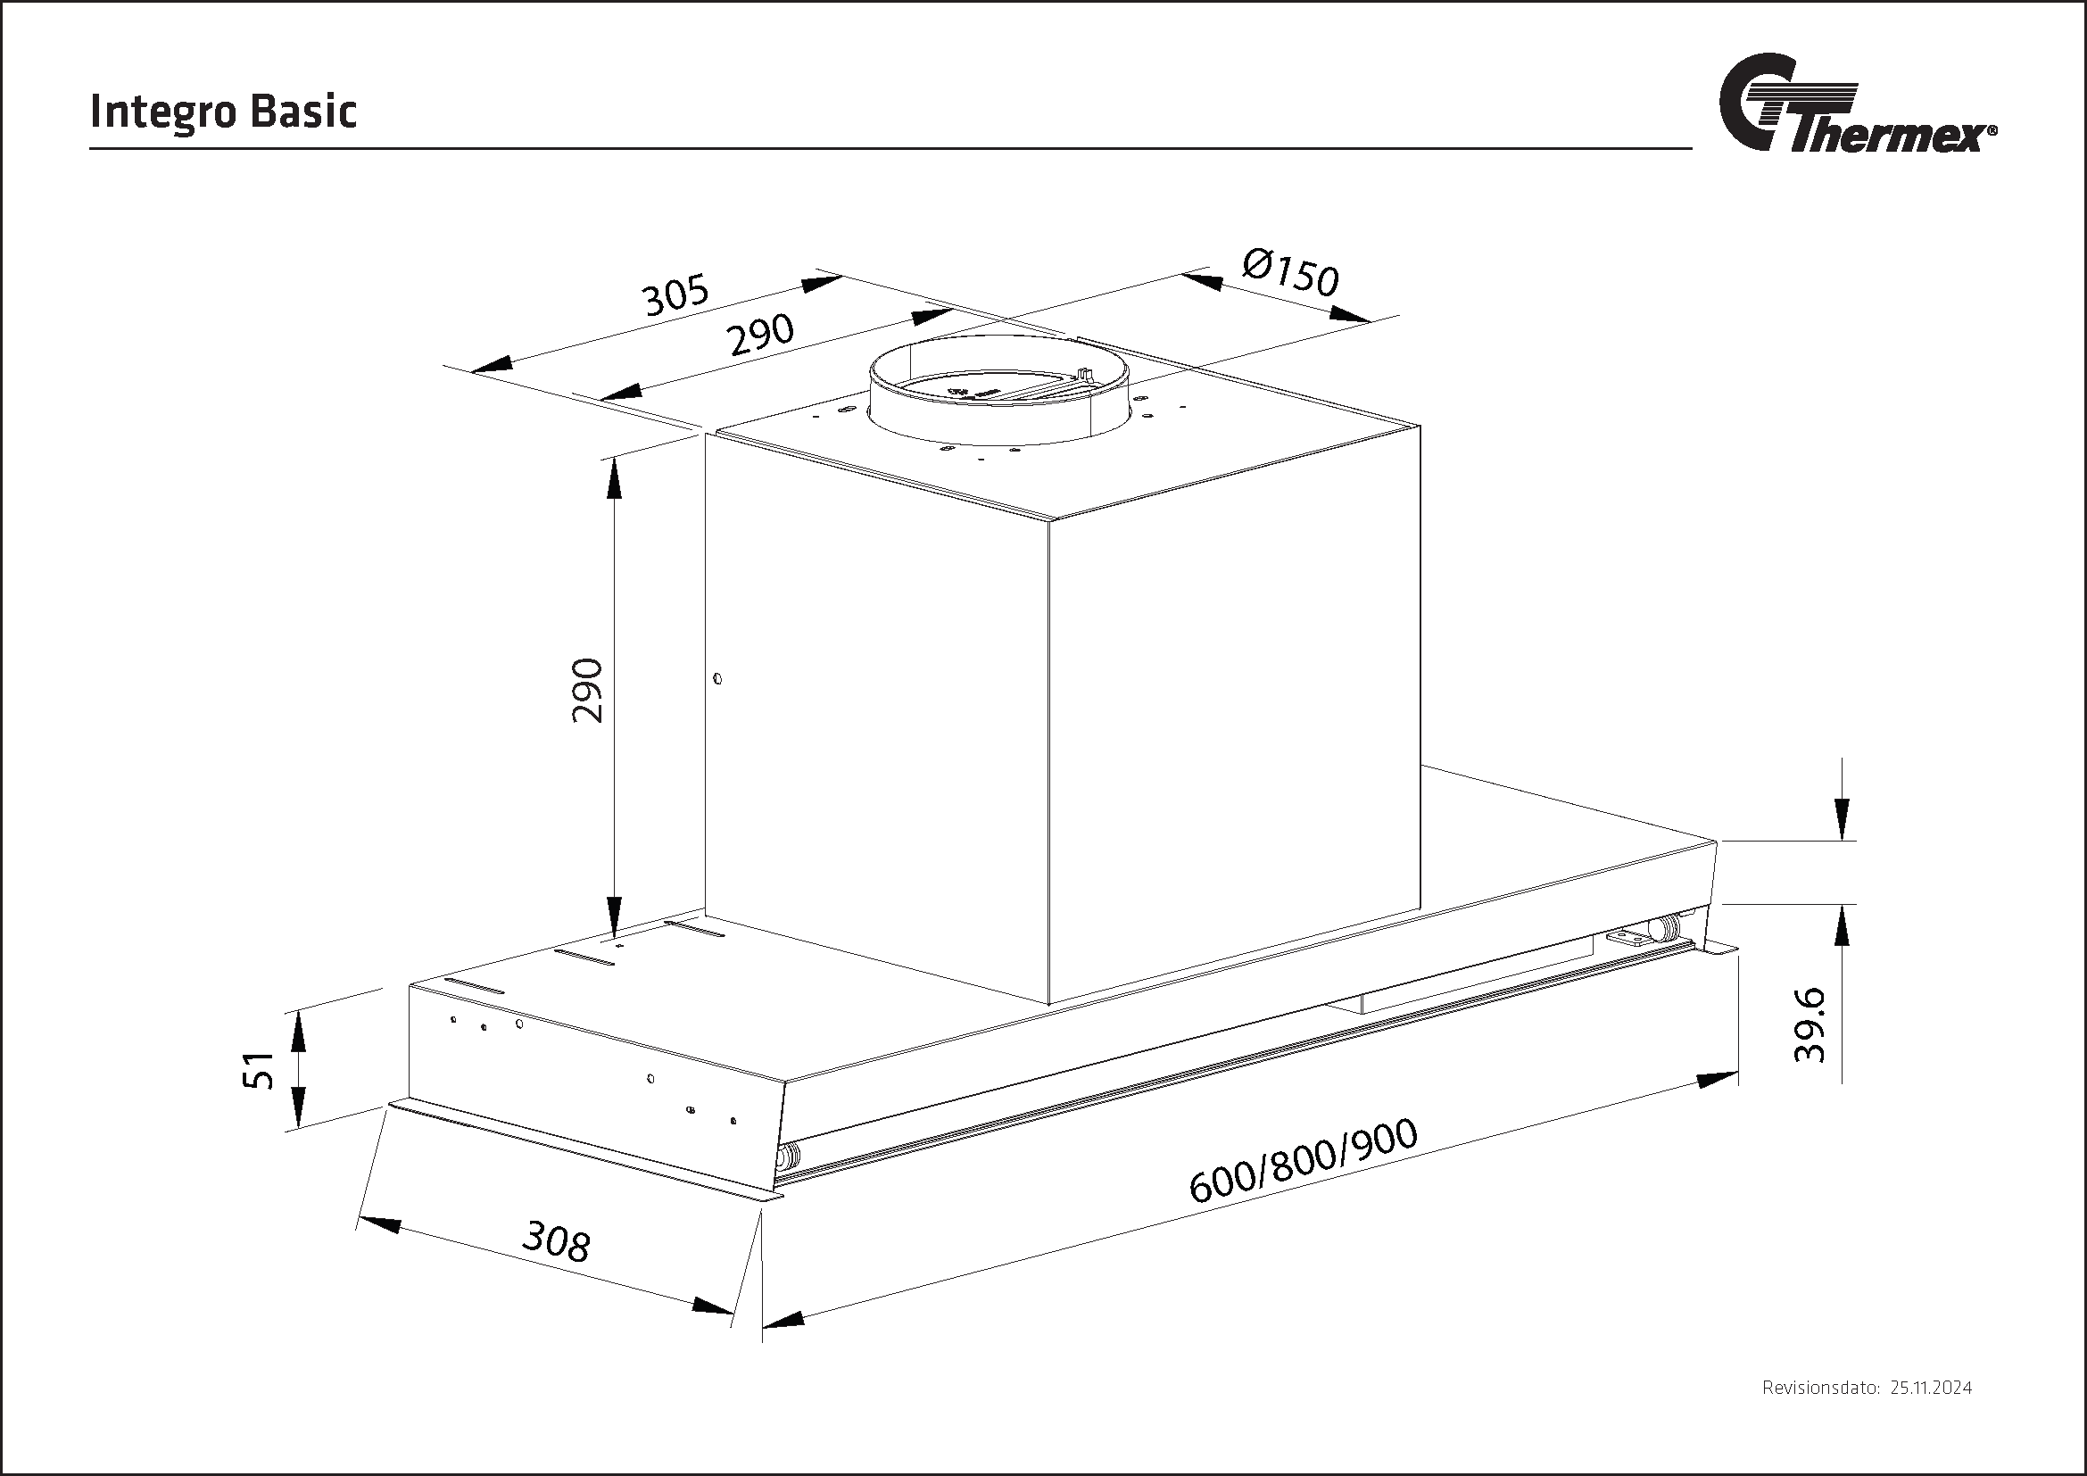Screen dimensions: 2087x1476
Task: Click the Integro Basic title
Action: (x=223, y=112)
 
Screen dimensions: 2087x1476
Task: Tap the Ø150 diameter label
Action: (x=1292, y=272)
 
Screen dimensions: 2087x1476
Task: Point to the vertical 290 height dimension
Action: (x=588, y=690)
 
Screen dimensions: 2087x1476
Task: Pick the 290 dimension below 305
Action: (x=761, y=336)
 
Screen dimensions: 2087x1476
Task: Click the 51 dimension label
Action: (x=261, y=1070)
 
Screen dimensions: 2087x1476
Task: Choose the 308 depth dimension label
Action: (x=556, y=1241)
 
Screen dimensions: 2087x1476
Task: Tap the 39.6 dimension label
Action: (x=1809, y=1026)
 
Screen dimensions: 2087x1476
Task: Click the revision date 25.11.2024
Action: (x=1931, y=1414)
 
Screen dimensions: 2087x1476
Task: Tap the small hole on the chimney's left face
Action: (x=718, y=678)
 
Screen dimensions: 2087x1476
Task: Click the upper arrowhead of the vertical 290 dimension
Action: (x=615, y=478)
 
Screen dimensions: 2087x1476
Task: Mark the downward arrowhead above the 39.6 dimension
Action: (x=1842, y=819)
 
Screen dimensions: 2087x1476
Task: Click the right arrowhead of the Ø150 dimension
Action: (x=1349, y=314)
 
